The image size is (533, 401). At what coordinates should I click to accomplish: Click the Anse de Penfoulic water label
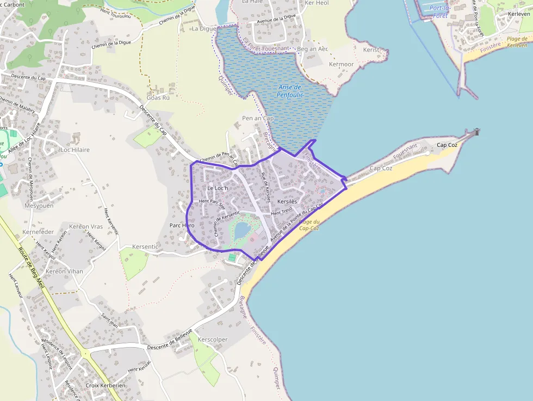click(290, 91)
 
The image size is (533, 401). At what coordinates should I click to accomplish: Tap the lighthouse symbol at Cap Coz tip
click(477, 132)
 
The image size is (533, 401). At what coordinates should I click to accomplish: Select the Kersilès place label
click(287, 201)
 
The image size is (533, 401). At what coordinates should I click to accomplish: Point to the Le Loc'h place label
click(218, 188)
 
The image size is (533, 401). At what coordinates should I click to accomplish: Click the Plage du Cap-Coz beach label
click(309, 225)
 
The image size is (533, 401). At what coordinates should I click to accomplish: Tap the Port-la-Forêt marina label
click(439, 11)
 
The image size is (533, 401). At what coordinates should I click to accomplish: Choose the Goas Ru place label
click(158, 98)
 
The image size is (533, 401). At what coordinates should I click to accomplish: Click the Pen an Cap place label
click(258, 118)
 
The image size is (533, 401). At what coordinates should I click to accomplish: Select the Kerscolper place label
click(213, 340)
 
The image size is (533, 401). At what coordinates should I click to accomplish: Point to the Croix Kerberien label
click(106, 385)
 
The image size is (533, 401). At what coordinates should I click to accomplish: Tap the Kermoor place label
click(341, 64)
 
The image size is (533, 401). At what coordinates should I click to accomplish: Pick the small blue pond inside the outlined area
click(241, 231)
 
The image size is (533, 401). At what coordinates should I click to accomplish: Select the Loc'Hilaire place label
click(75, 150)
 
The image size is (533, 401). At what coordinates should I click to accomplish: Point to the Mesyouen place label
click(39, 206)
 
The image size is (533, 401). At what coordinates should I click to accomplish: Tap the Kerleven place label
click(518, 14)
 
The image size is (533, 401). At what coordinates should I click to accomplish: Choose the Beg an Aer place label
click(313, 49)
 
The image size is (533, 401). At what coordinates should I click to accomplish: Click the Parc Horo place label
click(182, 225)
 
